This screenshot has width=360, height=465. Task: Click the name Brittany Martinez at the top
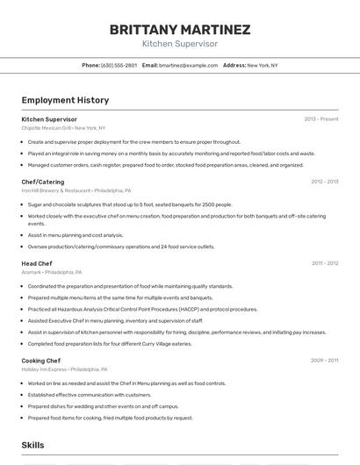[180, 30]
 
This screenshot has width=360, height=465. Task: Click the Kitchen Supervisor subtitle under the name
[180, 44]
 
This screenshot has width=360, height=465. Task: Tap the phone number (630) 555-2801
[119, 65]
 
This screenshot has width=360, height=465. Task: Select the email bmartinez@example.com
[188, 65]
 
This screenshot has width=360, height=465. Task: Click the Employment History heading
[65, 100]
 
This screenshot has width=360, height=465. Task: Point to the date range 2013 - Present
[321, 119]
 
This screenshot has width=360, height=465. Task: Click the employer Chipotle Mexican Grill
[47, 128]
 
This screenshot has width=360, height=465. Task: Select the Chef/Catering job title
[43, 182]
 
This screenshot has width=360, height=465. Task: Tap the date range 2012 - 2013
[324, 182]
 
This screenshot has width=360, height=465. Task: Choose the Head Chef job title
[37, 263]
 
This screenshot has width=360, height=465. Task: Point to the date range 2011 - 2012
[324, 263]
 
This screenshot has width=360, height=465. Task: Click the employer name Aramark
[32, 272]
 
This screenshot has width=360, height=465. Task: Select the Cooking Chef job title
[41, 361]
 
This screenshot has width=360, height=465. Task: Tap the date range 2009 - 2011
[324, 361]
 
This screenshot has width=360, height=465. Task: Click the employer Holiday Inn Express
[44, 369]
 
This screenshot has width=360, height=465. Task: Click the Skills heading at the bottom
[33, 446]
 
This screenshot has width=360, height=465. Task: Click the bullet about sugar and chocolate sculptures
[130, 204]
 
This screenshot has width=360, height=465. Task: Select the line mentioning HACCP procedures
[142, 309]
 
